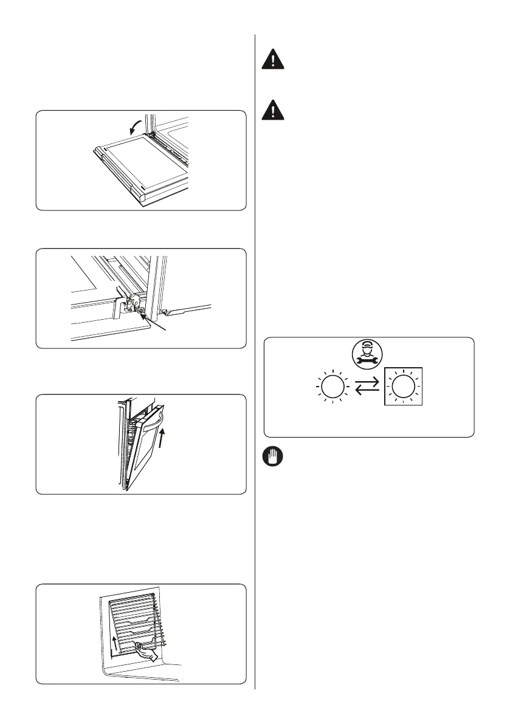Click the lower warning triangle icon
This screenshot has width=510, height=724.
tap(273, 110)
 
